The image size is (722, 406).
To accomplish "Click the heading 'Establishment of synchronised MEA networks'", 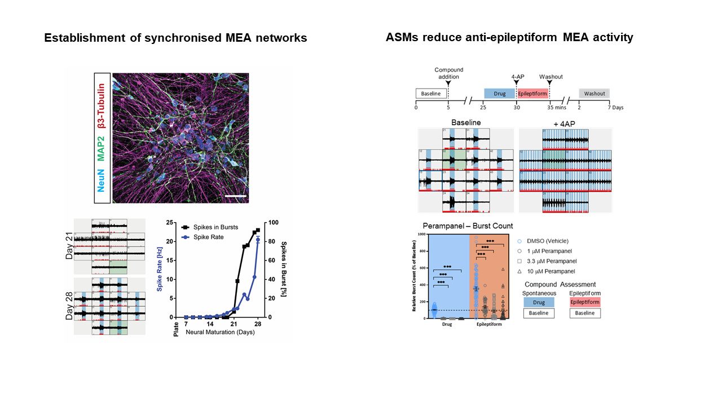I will click(175, 38).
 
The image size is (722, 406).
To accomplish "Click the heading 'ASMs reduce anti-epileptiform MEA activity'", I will click(509, 38).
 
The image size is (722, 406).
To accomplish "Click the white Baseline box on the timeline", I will click(431, 94).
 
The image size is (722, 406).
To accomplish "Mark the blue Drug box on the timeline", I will click(499, 94).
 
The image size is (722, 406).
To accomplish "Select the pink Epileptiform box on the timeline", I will click(532, 94).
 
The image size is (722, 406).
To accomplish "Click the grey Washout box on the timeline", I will click(595, 94).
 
